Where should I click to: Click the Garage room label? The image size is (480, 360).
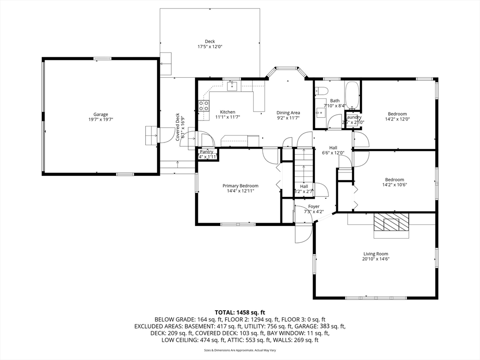(x=100, y=114)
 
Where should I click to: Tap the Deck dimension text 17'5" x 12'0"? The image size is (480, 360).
(x=210, y=47)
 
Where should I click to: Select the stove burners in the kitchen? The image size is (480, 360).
(x=204, y=106)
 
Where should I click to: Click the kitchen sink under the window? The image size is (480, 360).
(x=232, y=86)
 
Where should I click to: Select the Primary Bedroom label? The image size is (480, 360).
(x=240, y=186)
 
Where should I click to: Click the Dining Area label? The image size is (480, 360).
(x=288, y=112)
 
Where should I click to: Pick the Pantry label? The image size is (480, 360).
(x=207, y=151)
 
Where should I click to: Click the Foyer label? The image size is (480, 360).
(x=314, y=206)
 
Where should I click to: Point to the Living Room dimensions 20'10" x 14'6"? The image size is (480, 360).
(x=376, y=259)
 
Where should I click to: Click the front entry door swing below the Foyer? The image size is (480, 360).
(x=303, y=232)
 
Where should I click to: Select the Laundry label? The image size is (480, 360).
(x=353, y=117)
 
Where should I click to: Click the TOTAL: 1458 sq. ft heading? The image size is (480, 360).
(x=240, y=312)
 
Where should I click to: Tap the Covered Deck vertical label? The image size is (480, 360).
(x=178, y=127)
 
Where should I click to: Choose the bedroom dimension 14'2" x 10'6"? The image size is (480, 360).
(x=394, y=185)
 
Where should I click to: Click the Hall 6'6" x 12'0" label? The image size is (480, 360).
(x=333, y=150)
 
